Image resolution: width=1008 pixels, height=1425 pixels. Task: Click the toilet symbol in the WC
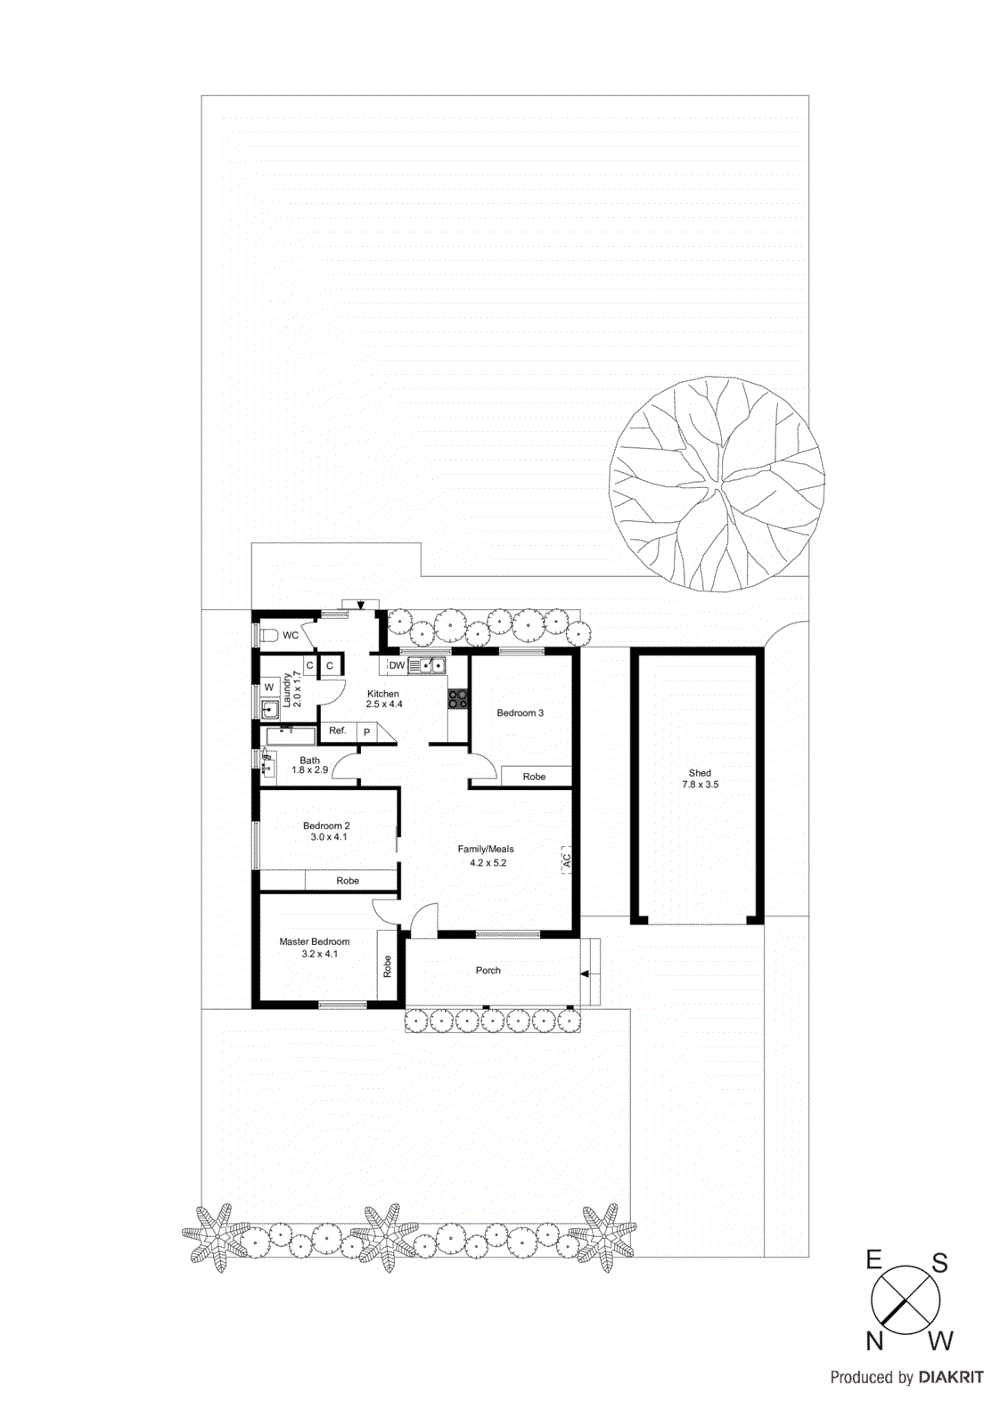point(268,635)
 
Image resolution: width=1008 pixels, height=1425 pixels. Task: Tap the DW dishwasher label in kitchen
point(397,665)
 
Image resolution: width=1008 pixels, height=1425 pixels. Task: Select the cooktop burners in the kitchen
point(458,699)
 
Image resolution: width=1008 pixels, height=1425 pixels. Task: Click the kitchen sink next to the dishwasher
point(427,665)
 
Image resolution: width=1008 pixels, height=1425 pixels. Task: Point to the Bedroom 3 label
point(520,712)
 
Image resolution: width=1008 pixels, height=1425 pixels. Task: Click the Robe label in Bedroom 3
point(534,777)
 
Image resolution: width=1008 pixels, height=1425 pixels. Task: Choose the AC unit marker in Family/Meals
point(566,860)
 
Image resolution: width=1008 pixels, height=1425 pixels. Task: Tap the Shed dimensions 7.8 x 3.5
point(700,785)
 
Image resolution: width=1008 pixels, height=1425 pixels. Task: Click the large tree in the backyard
point(717,484)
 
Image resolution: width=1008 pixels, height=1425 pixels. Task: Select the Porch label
point(488,970)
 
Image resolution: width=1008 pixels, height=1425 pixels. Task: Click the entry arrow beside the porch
point(586,973)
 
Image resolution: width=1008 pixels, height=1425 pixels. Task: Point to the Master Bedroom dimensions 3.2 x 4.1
point(319,954)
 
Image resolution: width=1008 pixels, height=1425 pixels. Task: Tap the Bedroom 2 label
point(326,826)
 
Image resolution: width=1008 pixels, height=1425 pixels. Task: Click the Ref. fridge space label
point(337,730)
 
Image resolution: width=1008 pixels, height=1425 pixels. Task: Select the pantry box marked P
point(366,732)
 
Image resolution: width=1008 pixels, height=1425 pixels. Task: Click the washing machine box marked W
point(268,688)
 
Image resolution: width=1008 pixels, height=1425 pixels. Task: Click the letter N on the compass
point(874,1340)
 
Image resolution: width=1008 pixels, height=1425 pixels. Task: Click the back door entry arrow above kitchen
point(360,605)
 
